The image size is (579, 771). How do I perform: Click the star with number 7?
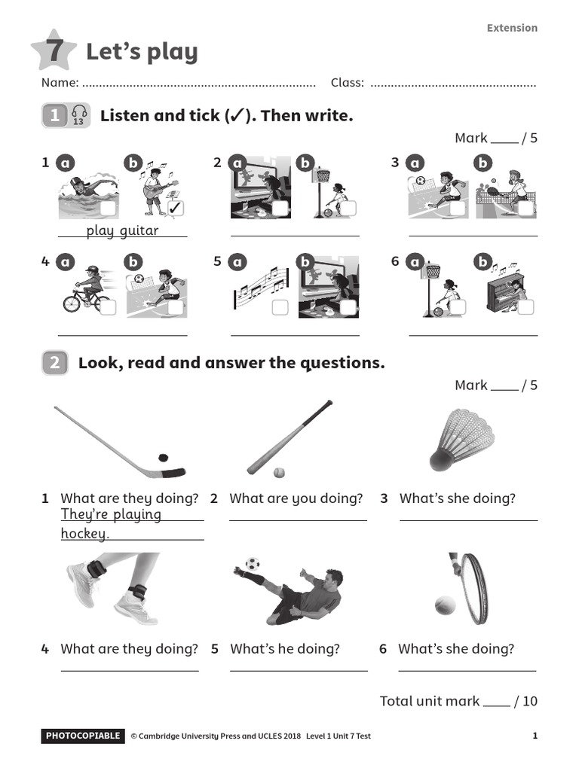click(54, 51)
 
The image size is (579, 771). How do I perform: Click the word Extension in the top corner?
click(512, 28)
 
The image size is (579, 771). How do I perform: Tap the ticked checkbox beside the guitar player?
click(176, 207)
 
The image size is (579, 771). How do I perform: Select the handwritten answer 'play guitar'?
click(122, 230)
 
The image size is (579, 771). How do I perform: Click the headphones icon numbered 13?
click(79, 115)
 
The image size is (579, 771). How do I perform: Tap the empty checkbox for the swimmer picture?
click(108, 209)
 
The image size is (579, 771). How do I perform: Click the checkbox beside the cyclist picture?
click(108, 306)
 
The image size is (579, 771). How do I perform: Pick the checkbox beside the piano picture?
click(525, 306)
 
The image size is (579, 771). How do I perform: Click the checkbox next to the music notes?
click(280, 306)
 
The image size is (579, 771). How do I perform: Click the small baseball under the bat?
click(279, 472)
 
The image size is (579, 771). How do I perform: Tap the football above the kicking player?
click(253, 563)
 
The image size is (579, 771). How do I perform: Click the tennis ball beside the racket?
click(446, 605)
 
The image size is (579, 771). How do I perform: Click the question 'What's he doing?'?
click(285, 648)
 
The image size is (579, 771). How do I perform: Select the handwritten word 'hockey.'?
click(84, 534)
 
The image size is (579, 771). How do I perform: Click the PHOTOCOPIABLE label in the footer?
click(83, 736)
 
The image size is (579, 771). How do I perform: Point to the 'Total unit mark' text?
click(429, 701)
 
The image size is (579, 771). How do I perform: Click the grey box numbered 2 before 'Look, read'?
click(55, 363)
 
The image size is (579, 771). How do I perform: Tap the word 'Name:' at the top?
click(60, 82)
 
